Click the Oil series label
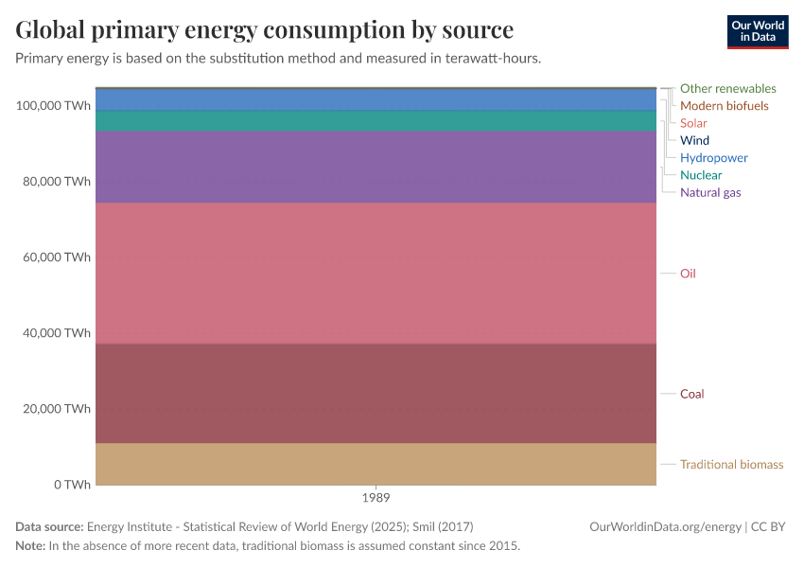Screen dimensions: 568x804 (688, 274)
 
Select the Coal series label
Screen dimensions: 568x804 (691, 394)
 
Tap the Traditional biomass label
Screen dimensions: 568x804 (731, 465)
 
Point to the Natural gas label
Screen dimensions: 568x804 (709, 192)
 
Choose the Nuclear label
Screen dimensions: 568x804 (700, 175)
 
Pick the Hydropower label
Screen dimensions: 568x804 (713, 158)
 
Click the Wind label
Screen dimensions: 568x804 (694, 140)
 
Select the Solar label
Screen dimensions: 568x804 (693, 123)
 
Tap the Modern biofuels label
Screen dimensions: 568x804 (724, 106)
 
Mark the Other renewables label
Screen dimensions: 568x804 (727, 88)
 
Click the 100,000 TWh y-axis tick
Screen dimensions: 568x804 (53, 105)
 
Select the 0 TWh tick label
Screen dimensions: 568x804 (72, 485)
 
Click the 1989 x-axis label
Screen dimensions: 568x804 (376, 497)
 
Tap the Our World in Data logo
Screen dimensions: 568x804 (757, 31)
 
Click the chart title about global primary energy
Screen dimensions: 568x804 (264, 30)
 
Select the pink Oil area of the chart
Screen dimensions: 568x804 (376, 273)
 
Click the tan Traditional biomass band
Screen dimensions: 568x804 (376, 464)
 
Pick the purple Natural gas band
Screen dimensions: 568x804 (376, 167)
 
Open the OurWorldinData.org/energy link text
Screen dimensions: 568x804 (665, 526)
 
